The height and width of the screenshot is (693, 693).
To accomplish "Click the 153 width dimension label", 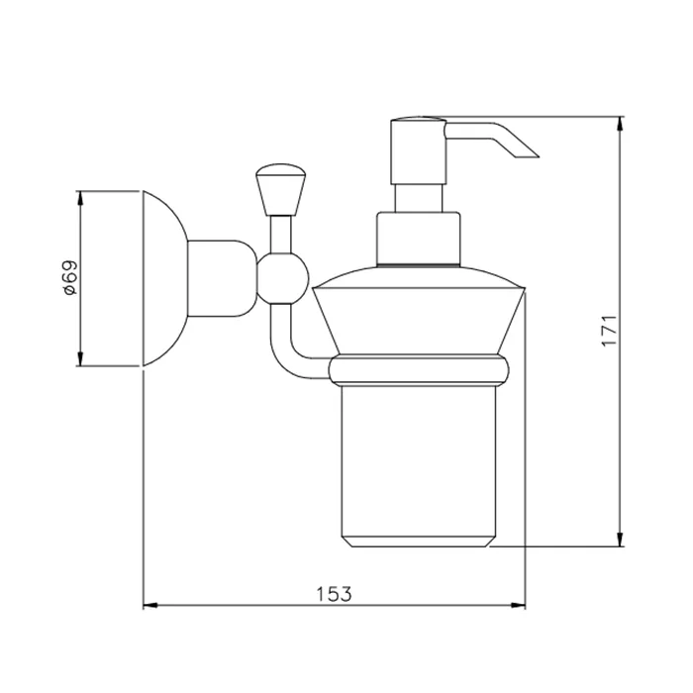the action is [x=335, y=594].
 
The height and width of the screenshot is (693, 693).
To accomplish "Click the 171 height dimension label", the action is [x=609, y=331].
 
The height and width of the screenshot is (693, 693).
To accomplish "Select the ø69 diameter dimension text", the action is [x=70, y=278].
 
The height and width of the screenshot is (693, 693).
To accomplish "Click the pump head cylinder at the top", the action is [x=418, y=150].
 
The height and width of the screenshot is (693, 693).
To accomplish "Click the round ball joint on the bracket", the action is [x=282, y=279].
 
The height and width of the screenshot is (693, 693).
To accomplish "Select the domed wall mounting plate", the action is [x=165, y=278].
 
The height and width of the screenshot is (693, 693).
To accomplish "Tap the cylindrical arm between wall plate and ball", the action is [x=222, y=278].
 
